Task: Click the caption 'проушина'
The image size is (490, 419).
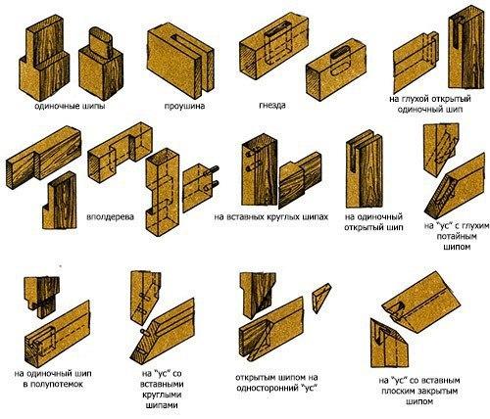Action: [184, 107]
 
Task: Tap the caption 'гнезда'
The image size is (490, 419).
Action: [272, 106]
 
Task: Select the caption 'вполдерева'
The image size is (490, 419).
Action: [111, 217]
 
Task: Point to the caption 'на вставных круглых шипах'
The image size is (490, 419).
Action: [271, 217]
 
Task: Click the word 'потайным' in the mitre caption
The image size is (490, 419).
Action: [457, 236]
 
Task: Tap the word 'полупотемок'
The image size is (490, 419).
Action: [53, 384]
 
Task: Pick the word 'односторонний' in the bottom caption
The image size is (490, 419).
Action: [266, 388]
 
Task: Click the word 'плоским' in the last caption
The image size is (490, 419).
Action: [398, 391]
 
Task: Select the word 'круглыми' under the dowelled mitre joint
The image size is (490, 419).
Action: [162, 395]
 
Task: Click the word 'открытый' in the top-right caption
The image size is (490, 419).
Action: [451, 99]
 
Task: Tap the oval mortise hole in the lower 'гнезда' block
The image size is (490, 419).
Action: [340, 54]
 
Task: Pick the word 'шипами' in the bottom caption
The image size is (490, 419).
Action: [162, 405]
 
